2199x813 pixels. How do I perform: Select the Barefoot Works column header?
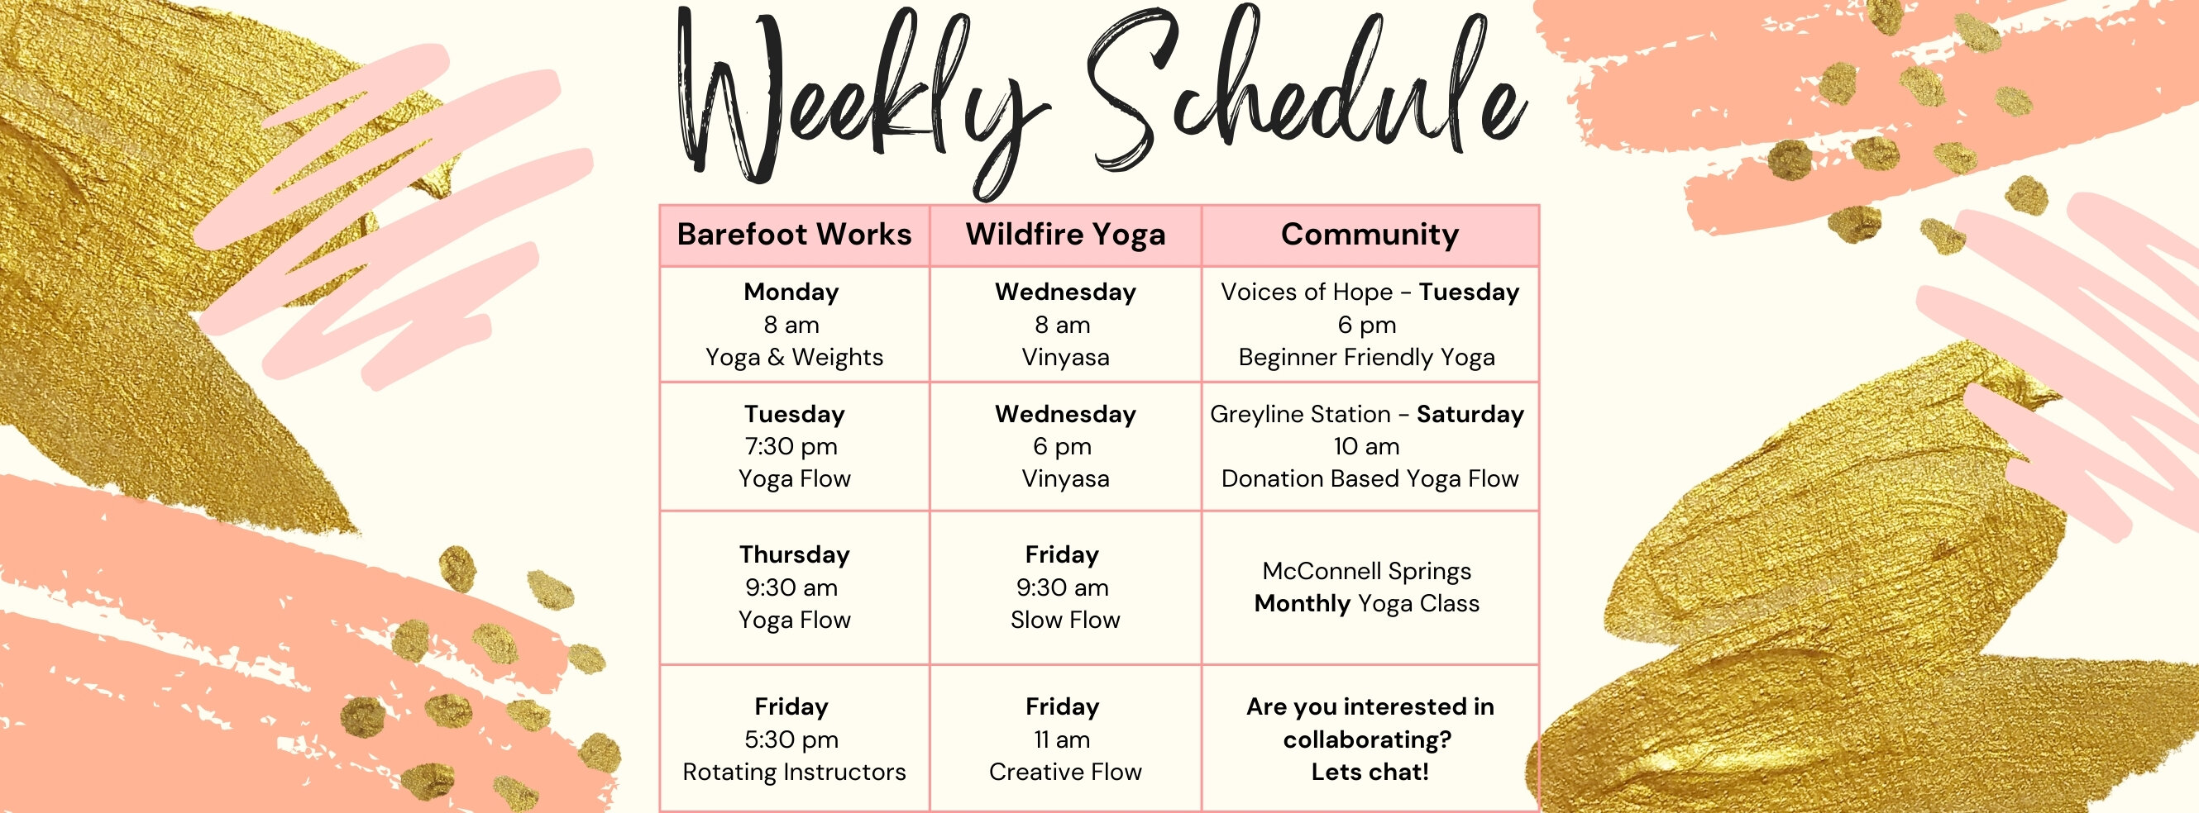tap(794, 235)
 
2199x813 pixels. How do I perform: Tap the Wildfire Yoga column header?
tap(1065, 235)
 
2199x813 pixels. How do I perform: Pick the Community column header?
tap(1370, 235)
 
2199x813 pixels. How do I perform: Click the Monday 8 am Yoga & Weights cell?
tap(794, 324)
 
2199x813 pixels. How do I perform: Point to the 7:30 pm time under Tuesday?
tap(791, 446)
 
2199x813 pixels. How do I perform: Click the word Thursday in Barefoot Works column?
tap(795, 554)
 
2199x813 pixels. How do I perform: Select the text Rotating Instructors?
tap(794, 772)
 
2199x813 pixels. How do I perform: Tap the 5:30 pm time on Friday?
tap(791, 739)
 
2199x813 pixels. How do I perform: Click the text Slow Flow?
tap(1065, 620)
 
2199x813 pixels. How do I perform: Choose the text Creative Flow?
tap(1065, 772)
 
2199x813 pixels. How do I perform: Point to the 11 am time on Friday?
tap(1062, 739)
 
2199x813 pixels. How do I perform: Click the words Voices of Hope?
tap(1307, 292)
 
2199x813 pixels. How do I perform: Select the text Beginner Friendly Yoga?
tap(1367, 358)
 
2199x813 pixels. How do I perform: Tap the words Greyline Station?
tap(1300, 415)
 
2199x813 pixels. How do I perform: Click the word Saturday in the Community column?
tap(1470, 415)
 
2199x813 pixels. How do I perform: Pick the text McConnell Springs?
tap(1367, 571)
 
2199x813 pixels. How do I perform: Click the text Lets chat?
tap(1370, 772)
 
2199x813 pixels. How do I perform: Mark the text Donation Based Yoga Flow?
tap(1370, 478)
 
